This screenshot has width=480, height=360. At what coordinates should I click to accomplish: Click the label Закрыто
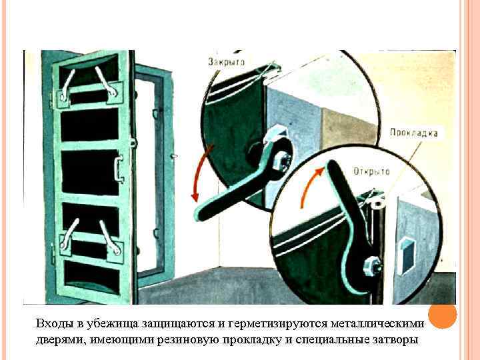[x=227, y=61]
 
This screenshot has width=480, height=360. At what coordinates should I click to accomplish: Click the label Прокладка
[x=414, y=133]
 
